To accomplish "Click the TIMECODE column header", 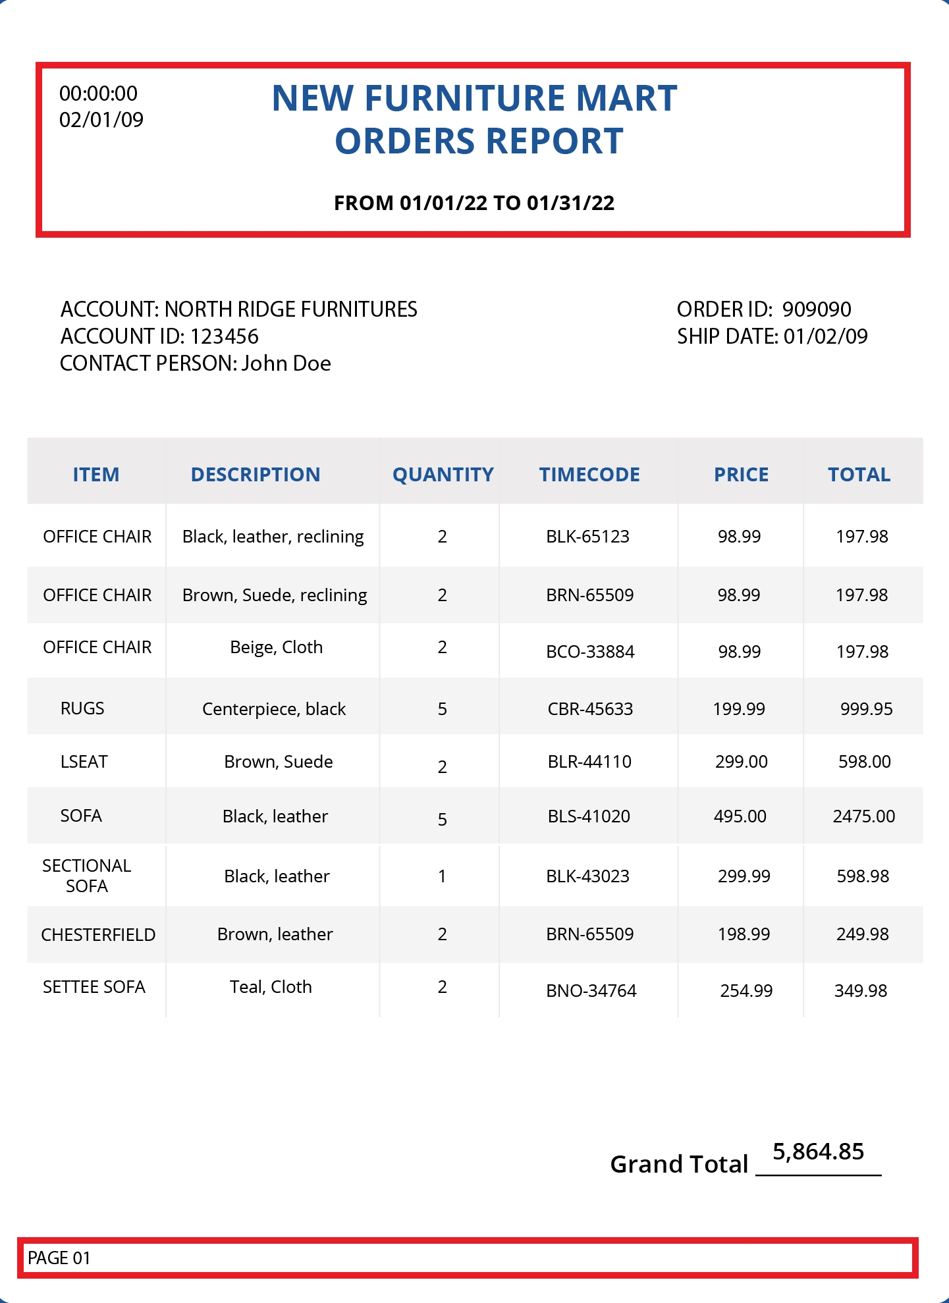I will pos(589,475).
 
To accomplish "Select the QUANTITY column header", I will pos(443,475).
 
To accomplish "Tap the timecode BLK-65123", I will pos(587,537).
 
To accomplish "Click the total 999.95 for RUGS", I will pos(866,709).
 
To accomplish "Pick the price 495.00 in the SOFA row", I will pos(740,816).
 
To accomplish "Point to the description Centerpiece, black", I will pos(274,709).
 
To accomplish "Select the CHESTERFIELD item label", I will pos(98,935).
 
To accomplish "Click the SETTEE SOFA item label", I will pos(94,987).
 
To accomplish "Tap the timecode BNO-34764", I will pos(591,991).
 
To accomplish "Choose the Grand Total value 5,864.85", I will pos(818,1152).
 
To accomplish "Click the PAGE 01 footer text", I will pos(59,1258).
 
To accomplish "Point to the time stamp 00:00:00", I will pos(98,93).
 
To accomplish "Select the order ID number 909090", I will pos(817,309).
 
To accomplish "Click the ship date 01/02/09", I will pos(825,336).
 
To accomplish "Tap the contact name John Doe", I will pos(286,363).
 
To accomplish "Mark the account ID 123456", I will pos(225,336).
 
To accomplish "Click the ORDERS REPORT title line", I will pos(479,141).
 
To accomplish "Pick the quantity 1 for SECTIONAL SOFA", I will pos(442,876).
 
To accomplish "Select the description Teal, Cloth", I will pos(271,987).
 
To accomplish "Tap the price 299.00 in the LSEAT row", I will pos(741,762).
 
